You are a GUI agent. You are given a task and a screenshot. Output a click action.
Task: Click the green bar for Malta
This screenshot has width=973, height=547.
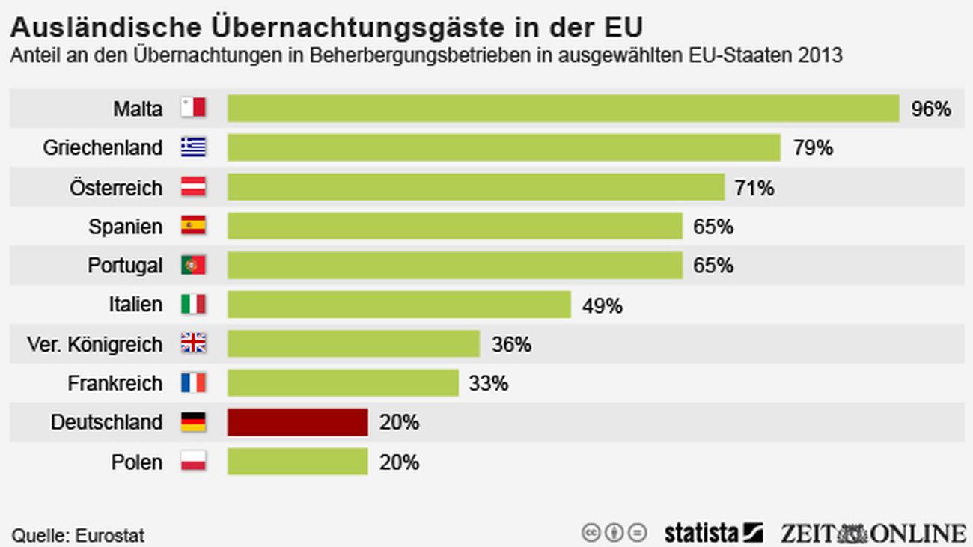pyautogui.click(x=563, y=108)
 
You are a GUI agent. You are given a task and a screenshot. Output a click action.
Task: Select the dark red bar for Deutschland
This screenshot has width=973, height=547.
pyautogui.click(x=298, y=422)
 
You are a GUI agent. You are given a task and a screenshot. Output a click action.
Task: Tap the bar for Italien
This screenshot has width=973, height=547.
pyautogui.click(x=399, y=305)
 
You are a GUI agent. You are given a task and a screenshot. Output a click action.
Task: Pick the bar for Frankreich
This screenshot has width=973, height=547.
pyautogui.click(x=343, y=383)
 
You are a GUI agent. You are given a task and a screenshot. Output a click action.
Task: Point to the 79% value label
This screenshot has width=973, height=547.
pyautogui.click(x=813, y=148)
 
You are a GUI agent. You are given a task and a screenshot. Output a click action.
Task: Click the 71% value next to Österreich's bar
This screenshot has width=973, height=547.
pyautogui.click(x=754, y=188)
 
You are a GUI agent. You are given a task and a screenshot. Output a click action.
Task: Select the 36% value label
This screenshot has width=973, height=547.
pyautogui.click(x=511, y=344)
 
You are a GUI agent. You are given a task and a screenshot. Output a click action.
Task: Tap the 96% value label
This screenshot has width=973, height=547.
pyautogui.click(x=930, y=109)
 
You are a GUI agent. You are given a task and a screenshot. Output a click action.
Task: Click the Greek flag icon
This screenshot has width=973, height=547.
pyautogui.click(x=193, y=147)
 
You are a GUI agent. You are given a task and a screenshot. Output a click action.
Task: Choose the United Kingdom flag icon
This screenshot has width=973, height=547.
pyautogui.click(x=193, y=343)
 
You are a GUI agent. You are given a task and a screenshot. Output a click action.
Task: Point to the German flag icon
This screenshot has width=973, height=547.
pyautogui.click(x=193, y=422)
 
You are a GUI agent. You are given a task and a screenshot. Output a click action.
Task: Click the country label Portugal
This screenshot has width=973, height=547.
pyautogui.click(x=125, y=266)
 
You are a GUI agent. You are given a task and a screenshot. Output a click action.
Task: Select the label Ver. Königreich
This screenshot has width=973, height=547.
pyautogui.click(x=94, y=344)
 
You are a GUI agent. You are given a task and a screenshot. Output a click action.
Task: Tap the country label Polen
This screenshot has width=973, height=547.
pyautogui.click(x=136, y=462)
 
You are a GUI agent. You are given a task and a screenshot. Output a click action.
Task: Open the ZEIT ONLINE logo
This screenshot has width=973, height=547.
pyautogui.click(x=873, y=533)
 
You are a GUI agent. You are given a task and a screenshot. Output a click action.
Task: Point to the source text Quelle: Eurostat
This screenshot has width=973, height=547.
pyautogui.click(x=78, y=535)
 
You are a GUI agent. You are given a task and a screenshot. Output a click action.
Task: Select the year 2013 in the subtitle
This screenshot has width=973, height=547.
pyautogui.click(x=820, y=56)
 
